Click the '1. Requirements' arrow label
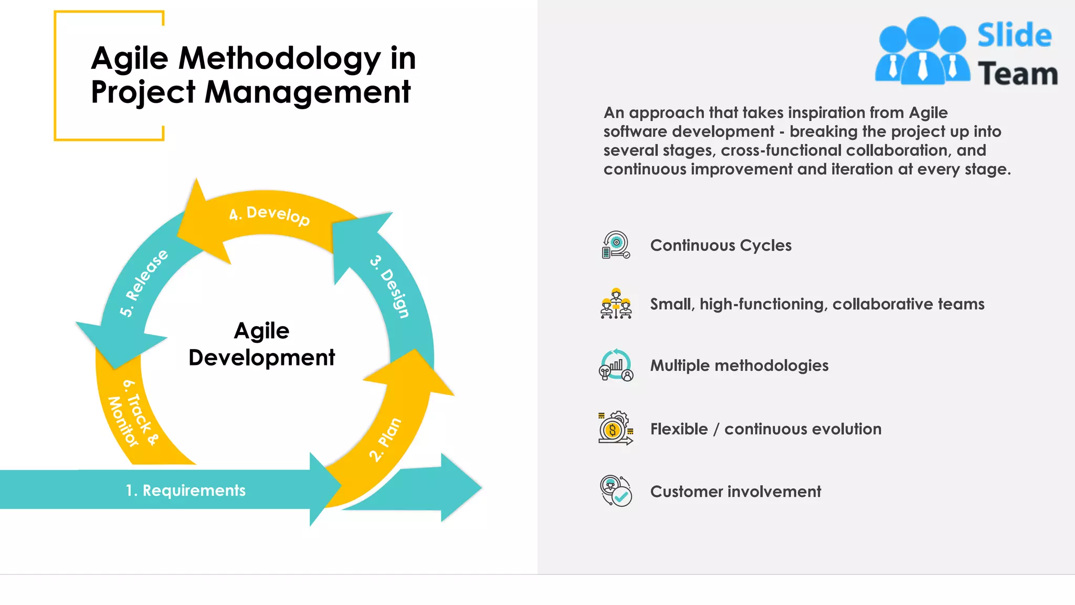click(x=185, y=491)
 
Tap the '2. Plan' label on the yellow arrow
click(x=385, y=440)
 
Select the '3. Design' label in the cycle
click(x=390, y=287)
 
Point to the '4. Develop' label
click(x=269, y=214)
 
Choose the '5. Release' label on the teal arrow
click(x=143, y=283)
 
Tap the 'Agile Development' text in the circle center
click(x=261, y=344)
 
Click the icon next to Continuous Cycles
click(x=616, y=245)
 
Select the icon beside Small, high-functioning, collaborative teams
click(x=616, y=304)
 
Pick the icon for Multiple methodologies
click(x=616, y=365)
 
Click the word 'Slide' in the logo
click(x=1014, y=36)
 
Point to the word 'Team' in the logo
click(x=1017, y=74)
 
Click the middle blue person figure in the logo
click(x=922, y=50)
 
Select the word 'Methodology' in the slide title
click(x=279, y=58)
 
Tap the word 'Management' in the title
click(x=307, y=92)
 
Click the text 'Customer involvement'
click(x=735, y=492)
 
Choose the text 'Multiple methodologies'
click(x=739, y=366)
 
